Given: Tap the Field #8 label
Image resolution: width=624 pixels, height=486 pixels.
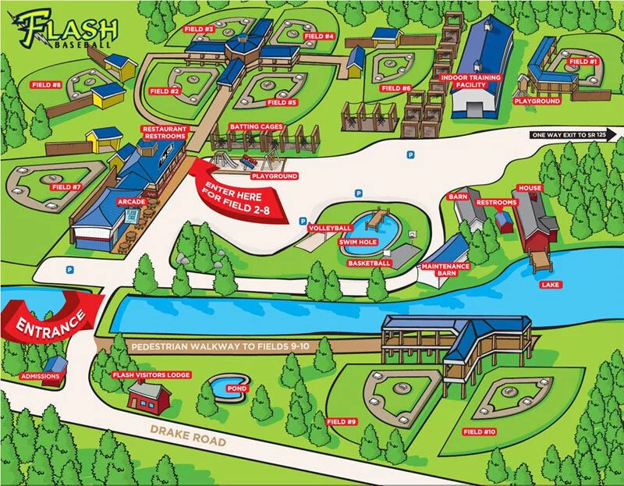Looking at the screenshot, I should pos(46,84).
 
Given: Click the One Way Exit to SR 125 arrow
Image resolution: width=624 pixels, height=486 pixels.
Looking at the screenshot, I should pos(573,134).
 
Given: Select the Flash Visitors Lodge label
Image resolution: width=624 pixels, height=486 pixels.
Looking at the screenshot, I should pos(151,375).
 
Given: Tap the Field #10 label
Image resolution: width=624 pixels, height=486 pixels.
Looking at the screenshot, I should pos(479,431).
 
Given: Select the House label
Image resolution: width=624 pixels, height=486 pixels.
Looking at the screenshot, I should pos(530,188).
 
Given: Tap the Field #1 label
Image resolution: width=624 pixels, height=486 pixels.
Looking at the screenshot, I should pos(583,61).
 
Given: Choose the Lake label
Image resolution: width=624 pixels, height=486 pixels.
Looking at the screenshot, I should pos(550,285).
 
